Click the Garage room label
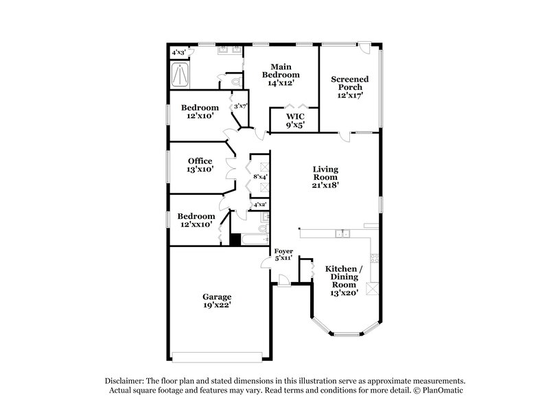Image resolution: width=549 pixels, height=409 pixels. pyautogui.click(x=216, y=296)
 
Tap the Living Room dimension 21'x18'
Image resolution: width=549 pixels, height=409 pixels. pyautogui.click(x=326, y=185)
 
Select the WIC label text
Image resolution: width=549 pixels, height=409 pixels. pyautogui.click(x=295, y=117)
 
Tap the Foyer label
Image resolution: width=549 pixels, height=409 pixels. pyautogui.click(x=283, y=250)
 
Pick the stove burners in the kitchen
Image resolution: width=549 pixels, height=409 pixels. pyautogui.click(x=374, y=259)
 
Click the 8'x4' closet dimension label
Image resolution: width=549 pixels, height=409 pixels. pyautogui.click(x=260, y=176)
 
